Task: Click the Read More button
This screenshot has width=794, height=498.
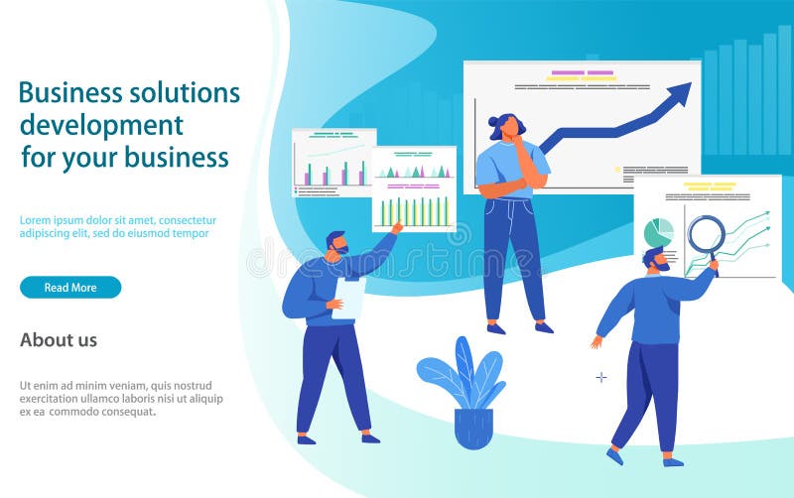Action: tap(70, 288)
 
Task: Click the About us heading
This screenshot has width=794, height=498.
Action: tap(59, 340)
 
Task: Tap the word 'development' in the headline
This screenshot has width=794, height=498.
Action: tap(101, 125)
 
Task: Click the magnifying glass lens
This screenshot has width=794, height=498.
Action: tap(706, 234)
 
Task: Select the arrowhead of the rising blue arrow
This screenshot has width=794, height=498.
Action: tap(680, 94)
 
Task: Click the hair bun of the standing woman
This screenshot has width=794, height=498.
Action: tap(493, 121)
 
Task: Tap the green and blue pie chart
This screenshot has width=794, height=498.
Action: tap(658, 232)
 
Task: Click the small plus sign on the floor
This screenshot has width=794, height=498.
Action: tap(600, 377)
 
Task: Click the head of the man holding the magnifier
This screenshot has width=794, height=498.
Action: tap(656, 261)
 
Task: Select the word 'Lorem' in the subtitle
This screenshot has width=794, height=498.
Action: tap(37, 220)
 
